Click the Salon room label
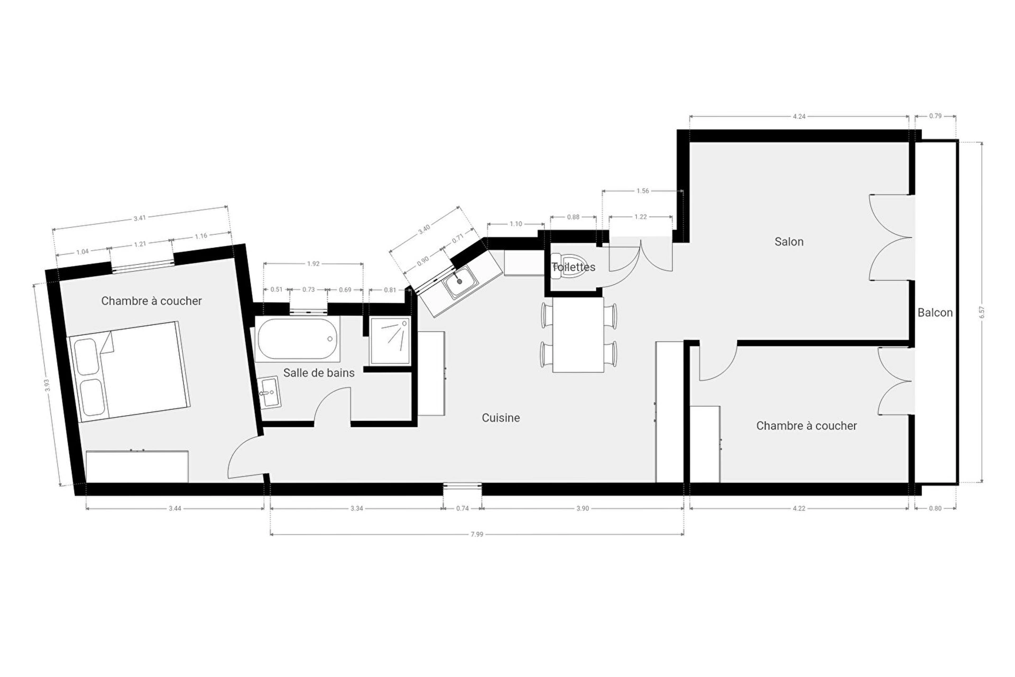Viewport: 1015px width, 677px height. [789, 242]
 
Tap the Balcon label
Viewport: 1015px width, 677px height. [935, 313]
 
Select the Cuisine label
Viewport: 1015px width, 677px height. [501, 418]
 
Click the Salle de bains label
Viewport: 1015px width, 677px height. [319, 373]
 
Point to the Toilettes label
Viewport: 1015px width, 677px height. [574, 267]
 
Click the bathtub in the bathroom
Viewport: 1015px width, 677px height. [298, 338]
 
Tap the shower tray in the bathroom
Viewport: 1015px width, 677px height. [390, 341]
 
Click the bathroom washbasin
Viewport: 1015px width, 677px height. [270, 392]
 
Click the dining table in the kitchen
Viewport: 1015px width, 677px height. [578, 335]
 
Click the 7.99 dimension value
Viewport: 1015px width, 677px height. [477, 534]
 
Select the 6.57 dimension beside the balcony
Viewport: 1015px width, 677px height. [982, 313]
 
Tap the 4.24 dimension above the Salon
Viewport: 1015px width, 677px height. [799, 116]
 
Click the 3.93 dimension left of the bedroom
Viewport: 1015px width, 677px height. [47, 386]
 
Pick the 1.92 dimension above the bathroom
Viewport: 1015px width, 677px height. [313, 263]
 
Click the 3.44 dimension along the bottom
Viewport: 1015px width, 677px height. [175, 508]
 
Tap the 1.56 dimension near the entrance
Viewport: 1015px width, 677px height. [643, 191]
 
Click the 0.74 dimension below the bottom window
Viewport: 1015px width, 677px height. [463, 508]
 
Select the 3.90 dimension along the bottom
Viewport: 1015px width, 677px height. [583, 508]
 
